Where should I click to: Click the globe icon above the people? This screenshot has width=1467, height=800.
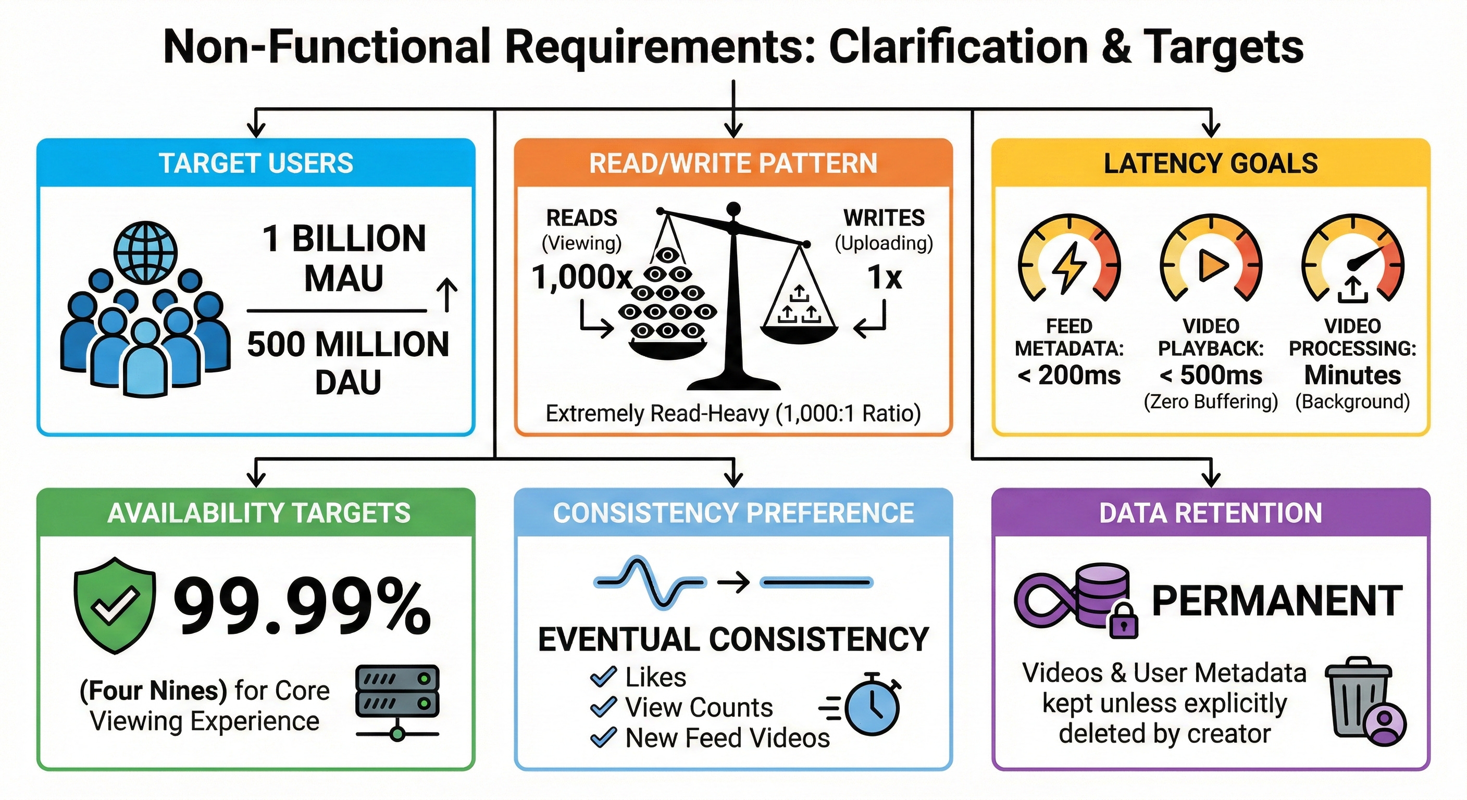pyautogui.click(x=146, y=252)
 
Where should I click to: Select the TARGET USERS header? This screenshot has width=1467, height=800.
pyautogui.click(x=256, y=164)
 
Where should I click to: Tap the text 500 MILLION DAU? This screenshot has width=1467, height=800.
pyautogui.click(x=348, y=362)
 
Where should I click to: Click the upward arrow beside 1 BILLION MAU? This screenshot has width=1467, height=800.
pyautogui.click(x=447, y=295)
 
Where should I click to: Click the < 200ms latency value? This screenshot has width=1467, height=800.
pyautogui.click(x=1069, y=375)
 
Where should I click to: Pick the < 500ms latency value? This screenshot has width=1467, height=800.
pyautogui.click(x=1211, y=375)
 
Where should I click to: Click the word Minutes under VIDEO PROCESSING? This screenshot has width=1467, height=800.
pyautogui.click(x=1352, y=375)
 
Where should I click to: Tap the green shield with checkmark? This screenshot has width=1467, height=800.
pyautogui.click(x=115, y=605)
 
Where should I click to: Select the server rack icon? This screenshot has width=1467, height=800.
pyautogui.click(x=397, y=701)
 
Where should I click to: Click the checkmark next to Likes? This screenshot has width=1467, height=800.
pyautogui.click(x=604, y=677)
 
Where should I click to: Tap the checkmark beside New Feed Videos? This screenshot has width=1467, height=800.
pyautogui.click(x=604, y=737)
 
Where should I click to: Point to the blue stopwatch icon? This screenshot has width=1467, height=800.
pyautogui.click(x=872, y=706)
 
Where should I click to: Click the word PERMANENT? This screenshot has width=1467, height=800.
pyautogui.click(x=1277, y=601)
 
